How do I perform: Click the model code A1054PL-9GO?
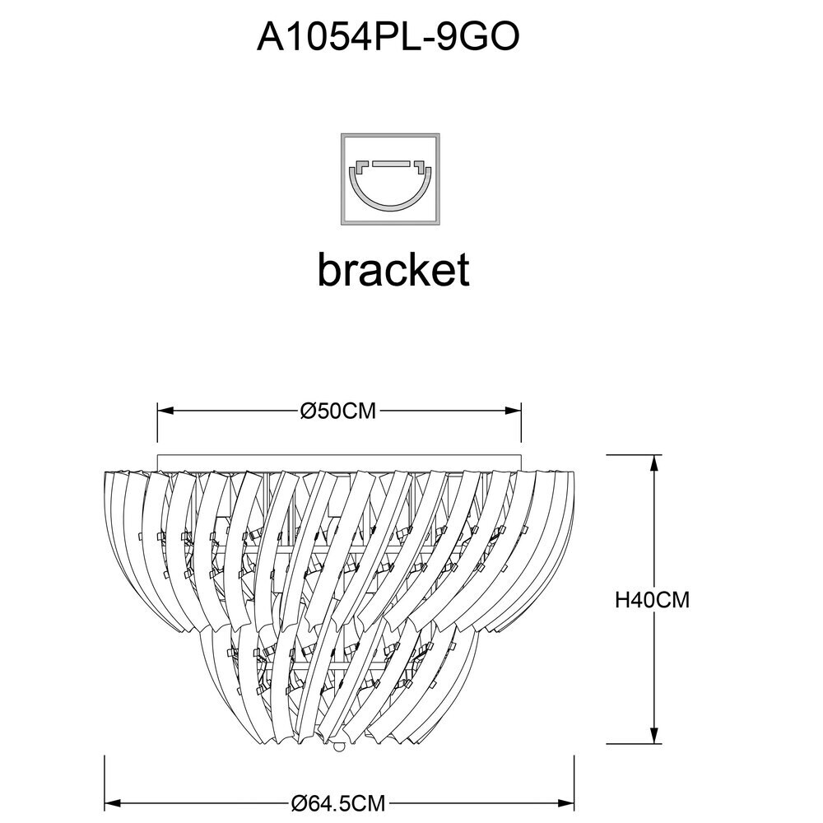(388, 38)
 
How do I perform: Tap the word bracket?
(393, 269)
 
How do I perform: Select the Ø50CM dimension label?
(338, 411)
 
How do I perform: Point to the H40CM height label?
(652, 599)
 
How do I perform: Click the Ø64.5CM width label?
(338, 803)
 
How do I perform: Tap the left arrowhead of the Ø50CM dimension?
(165, 411)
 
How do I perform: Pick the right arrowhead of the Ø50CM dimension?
(513, 411)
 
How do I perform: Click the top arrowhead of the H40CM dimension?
(654, 463)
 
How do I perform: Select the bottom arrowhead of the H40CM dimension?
(654, 735)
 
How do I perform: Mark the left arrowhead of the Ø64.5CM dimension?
(114, 803)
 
